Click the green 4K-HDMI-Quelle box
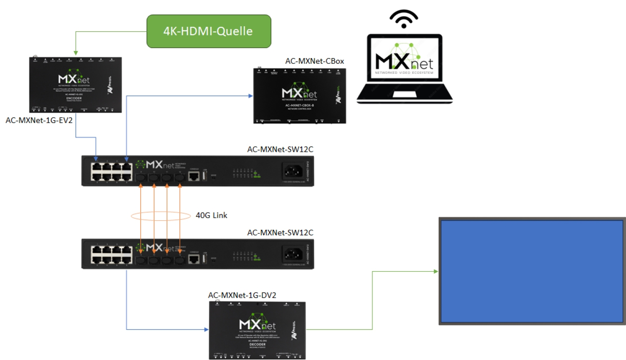click(209, 31)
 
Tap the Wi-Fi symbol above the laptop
click(404, 19)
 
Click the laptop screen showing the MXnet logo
click(404, 58)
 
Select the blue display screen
click(532, 271)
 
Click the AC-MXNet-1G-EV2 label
click(39, 121)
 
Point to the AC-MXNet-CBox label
click(314, 61)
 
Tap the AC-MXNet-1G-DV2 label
click(242, 295)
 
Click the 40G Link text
click(212, 215)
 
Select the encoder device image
click(75, 85)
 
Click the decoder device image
click(257, 330)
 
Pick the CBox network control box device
click(300, 96)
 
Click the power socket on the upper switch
click(293, 171)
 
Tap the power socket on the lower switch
click(293, 254)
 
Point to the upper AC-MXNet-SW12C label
click(280, 149)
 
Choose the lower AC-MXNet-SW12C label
click(280, 233)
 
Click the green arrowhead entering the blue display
click(436, 272)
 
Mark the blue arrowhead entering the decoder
click(206, 330)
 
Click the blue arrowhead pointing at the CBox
click(250, 96)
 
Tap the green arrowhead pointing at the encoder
click(76, 53)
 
